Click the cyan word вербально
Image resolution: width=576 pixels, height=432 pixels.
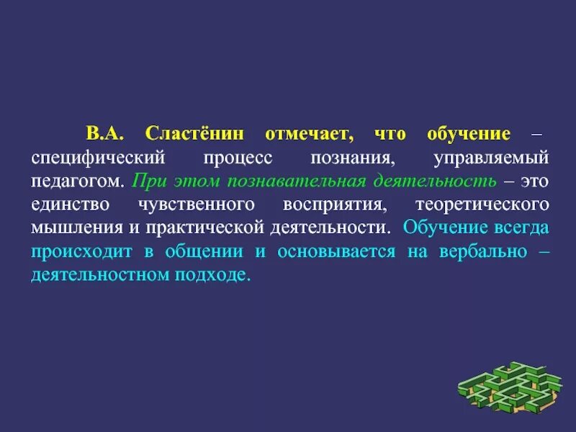(x=486, y=251)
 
